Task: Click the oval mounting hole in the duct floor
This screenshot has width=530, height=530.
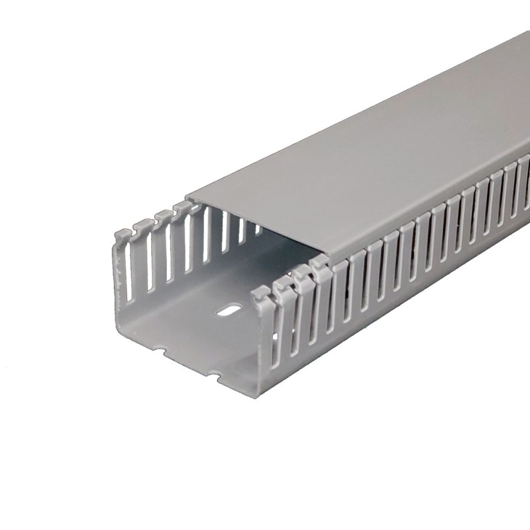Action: pyautogui.click(x=229, y=309)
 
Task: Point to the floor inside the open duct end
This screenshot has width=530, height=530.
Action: pyautogui.click(x=199, y=331)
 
